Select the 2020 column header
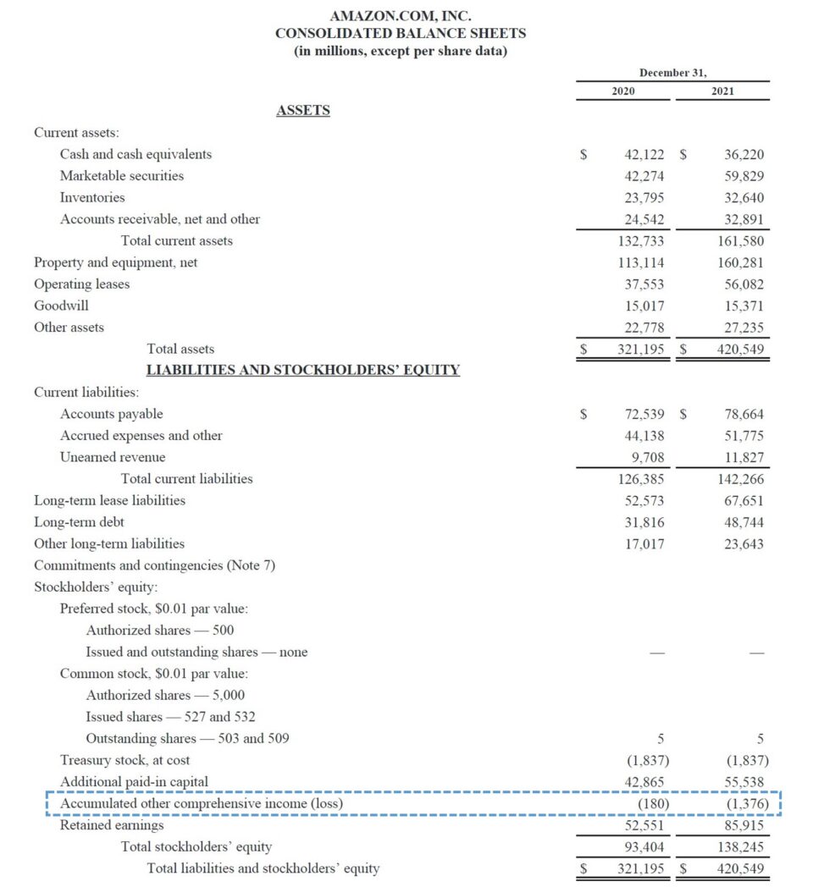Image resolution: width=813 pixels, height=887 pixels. (x=623, y=91)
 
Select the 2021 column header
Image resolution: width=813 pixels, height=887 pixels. (x=723, y=91)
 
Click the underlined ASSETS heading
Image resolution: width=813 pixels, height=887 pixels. (x=303, y=110)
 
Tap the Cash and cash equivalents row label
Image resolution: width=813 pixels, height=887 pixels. (x=135, y=154)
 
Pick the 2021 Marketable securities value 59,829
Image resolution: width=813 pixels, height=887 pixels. (x=744, y=176)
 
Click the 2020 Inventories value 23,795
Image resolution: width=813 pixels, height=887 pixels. (x=644, y=197)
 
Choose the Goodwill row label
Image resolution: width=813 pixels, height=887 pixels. (x=61, y=305)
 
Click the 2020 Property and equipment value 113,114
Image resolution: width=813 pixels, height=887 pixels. (x=641, y=262)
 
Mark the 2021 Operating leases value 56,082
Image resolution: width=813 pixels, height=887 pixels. (x=744, y=284)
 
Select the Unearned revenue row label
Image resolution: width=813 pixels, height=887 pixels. (x=113, y=457)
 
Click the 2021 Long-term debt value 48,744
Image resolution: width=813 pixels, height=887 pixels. (x=744, y=522)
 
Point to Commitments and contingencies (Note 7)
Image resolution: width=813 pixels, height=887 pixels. (x=154, y=565)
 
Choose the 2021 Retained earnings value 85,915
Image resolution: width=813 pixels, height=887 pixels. (x=744, y=824)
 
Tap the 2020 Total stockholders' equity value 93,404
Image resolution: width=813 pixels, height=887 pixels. (x=644, y=846)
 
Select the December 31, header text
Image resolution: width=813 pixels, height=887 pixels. (x=672, y=73)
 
